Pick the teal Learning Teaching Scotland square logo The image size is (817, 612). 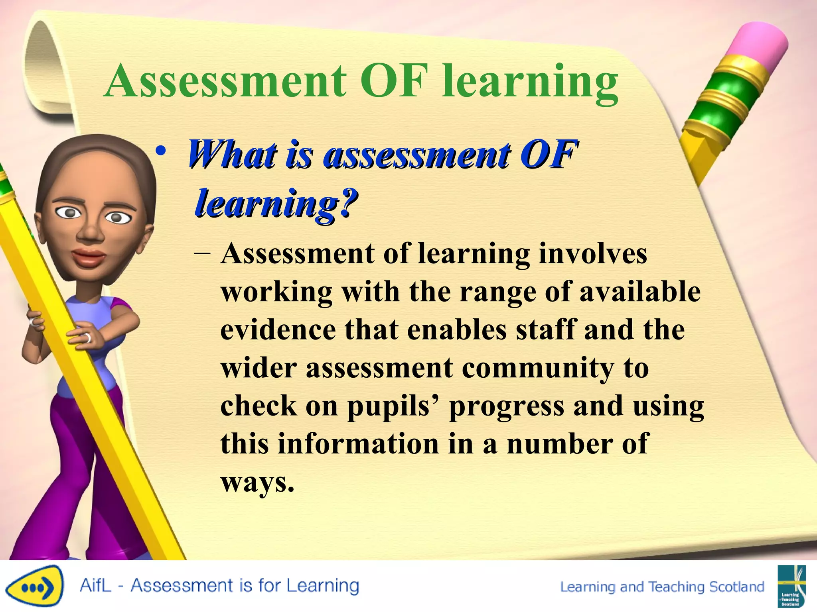point(791,585)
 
